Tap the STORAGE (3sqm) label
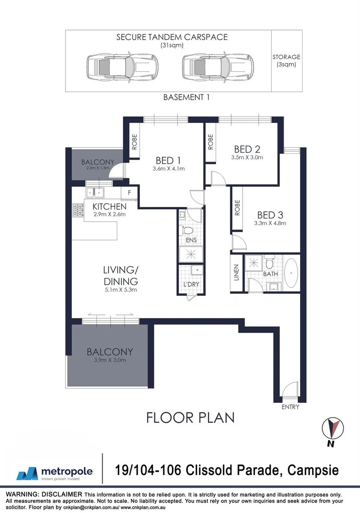coord(286,61)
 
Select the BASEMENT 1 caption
coord(186,97)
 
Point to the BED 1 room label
coord(169,160)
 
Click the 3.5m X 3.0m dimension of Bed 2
coord(246,157)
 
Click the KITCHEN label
coord(109,207)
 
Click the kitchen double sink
coord(95,192)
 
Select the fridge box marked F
coord(129,193)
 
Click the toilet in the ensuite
coord(188,230)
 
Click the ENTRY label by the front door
coord(290,407)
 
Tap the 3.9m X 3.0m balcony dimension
coord(110,361)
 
